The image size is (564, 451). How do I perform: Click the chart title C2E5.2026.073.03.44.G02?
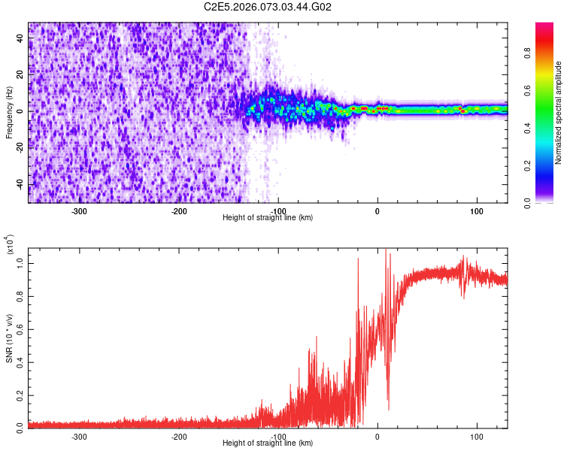click(x=268, y=8)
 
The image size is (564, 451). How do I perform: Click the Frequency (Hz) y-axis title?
click(x=9, y=112)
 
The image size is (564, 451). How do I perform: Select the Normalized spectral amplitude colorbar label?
click(x=559, y=113)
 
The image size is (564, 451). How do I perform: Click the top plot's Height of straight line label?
click(x=268, y=217)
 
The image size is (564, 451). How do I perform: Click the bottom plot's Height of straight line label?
click(x=268, y=443)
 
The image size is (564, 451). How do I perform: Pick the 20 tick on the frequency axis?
click(x=20, y=75)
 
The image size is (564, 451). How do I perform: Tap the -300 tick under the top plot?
click(x=80, y=211)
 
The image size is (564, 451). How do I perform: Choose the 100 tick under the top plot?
click(x=476, y=211)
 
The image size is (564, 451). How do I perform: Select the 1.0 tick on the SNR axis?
click(x=20, y=261)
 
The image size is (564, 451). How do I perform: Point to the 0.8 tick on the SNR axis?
click(x=20, y=294)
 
